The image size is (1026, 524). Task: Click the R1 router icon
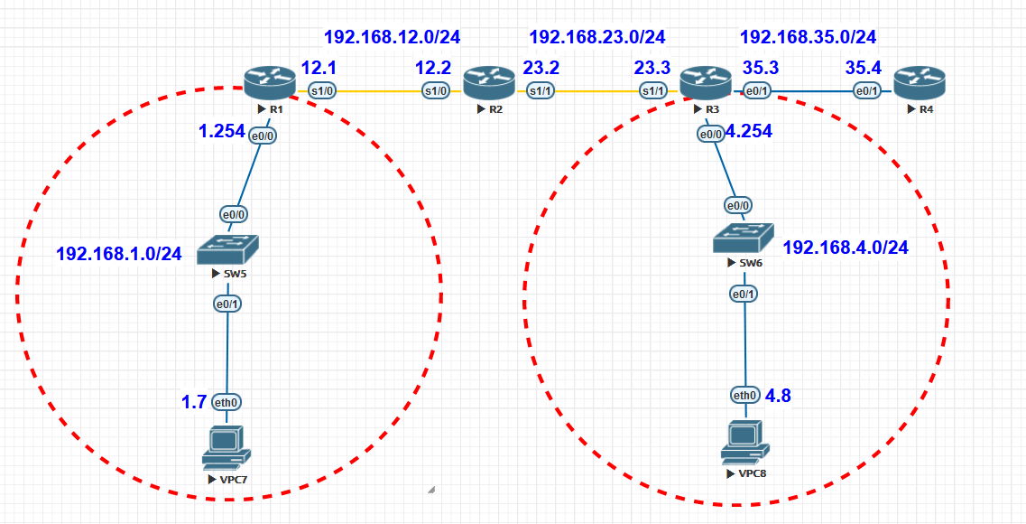(270, 84)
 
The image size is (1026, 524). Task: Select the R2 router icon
(488, 83)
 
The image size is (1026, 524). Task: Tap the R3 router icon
(705, 83)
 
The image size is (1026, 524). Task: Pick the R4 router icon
(919, 83)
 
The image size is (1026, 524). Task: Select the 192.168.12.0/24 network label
(393, 37)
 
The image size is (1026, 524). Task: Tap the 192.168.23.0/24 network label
(596, 37)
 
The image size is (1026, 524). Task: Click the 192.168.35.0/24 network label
(808, 37)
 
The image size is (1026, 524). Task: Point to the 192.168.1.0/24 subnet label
(119, 254)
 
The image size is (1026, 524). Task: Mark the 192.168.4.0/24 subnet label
(846, 248)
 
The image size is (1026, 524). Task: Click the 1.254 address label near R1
(222, 131)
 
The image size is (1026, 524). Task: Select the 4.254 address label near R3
(749, 131)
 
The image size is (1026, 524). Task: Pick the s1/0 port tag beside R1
(322, 90)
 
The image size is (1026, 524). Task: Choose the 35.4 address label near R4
(862, 68)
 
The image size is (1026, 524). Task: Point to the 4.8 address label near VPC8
(778, 395)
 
